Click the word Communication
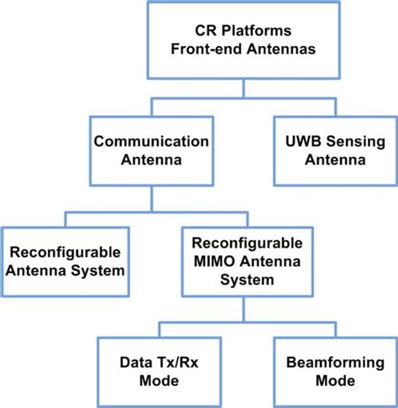[150, 142]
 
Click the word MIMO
[212, 261]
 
